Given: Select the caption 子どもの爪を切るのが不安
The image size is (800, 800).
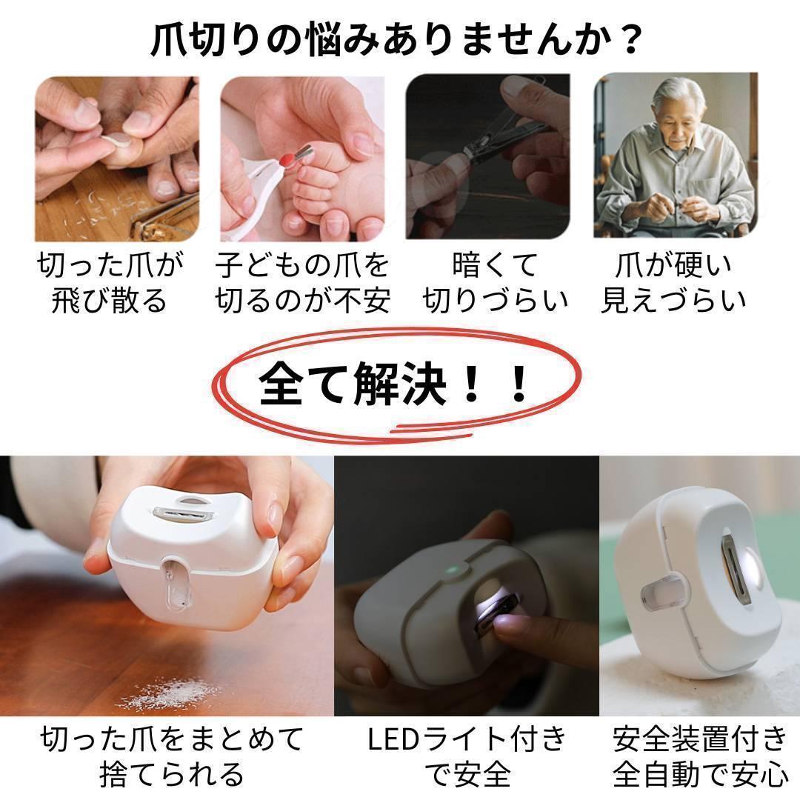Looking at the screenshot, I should [302, 282].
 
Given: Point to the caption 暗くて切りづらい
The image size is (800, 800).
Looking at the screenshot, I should [495, 282].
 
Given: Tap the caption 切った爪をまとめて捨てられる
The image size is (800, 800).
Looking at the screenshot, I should [172, 756].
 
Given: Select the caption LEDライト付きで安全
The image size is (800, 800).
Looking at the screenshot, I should [467, 756].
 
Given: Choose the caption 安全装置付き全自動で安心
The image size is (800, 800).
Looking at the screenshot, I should [700, 756].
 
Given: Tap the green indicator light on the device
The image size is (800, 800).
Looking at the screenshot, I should [450, 571].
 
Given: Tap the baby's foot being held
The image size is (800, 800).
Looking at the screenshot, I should [326, 185].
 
